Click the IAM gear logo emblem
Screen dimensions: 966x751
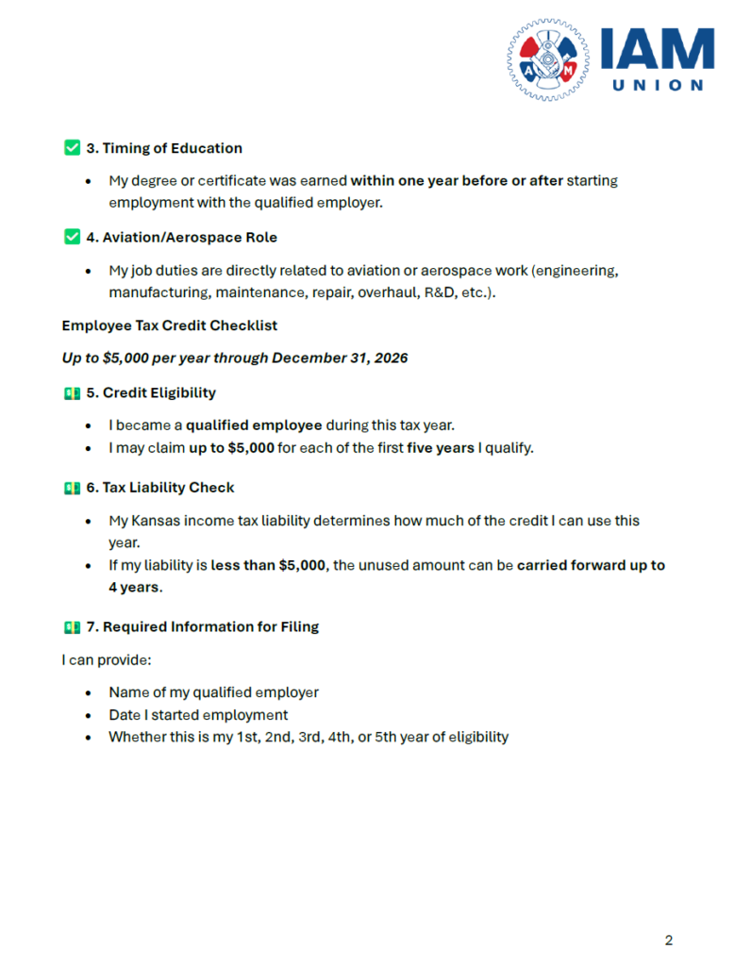pos(547,58)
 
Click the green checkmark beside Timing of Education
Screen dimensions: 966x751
pos(72,148)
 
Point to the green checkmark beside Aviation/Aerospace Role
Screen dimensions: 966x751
pos(72,238)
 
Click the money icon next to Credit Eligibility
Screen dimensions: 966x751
pos(72,392)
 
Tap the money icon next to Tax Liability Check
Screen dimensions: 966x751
pos(72,488)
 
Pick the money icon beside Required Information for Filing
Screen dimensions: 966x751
pos(72,626)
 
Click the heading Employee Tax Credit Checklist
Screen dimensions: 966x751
pos(170,325)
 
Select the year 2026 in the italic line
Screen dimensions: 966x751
pos(390,358)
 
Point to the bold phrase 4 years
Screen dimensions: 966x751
pos(134,587)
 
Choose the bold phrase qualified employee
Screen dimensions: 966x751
pos(254,425)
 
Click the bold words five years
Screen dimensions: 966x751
pos(441,447)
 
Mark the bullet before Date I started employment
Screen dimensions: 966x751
pos(88,715)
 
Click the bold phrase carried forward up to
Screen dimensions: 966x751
pos(591,565)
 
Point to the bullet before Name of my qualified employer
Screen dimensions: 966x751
pos(88,692)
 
